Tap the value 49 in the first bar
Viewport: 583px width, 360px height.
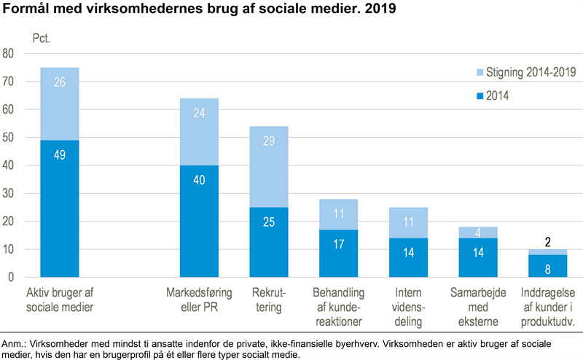pos(60,154)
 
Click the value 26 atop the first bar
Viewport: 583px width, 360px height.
pos(60,82)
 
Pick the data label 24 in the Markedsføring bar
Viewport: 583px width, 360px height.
pos(199,113)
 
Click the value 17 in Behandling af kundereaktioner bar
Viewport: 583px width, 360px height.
pos(338,244)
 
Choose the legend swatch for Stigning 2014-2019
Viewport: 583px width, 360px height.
pos(479,72)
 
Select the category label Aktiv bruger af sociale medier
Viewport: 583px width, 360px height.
pos(60,300)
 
